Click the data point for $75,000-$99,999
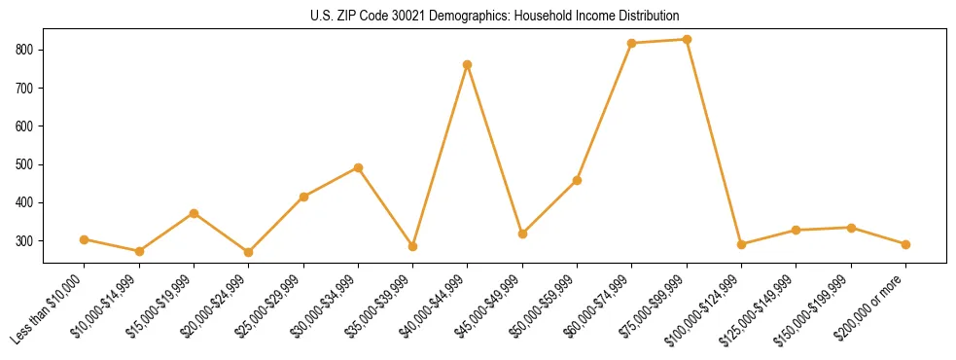coord(687,40)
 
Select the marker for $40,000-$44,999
coord(468,65)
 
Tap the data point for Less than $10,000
coord(85,239)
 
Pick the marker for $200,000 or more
coord(905,245)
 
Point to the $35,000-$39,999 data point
coord(413,247)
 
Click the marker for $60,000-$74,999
coord(632,44)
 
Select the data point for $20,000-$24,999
coord(249,252)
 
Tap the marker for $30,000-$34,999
coord(358,167)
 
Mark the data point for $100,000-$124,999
coord(741,244)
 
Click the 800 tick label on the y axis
coord(26,50)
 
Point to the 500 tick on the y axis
coord(26,164)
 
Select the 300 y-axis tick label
coord(26,241)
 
